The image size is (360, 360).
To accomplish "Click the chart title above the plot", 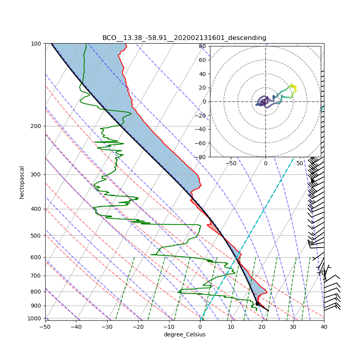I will tap(184, 38).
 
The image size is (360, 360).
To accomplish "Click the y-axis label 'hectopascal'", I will tap(22, 182).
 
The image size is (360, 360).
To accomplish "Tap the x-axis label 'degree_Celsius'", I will tap(184, 334).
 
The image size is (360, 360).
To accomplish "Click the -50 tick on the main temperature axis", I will tap(45, 326).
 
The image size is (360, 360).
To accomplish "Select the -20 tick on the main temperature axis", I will tap(138, 326).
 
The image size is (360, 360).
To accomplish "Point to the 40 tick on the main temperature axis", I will tap(324, 326).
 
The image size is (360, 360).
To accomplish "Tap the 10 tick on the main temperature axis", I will tap(231, 326).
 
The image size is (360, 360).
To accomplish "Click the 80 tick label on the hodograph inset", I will tap(202, 46).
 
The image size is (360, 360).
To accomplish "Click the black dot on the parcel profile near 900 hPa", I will tap(257, 304).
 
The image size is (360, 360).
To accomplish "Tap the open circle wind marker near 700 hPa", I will tap(324, 272).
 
